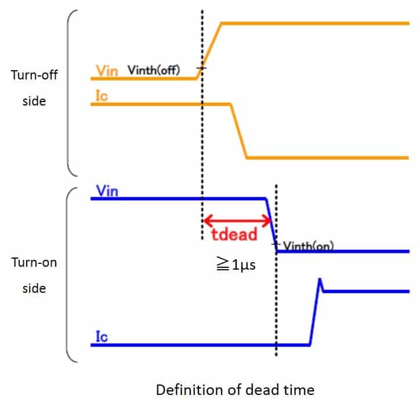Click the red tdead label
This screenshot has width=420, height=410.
tap(234, 234)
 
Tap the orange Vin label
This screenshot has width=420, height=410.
tap(107, 71)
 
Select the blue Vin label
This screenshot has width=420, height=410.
tap(107, 191)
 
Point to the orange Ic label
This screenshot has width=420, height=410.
tap(102, 96)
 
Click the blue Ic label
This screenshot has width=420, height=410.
tap(102, 336)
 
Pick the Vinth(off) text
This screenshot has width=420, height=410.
tap(154, 70)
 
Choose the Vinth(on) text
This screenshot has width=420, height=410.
tap(308, 246)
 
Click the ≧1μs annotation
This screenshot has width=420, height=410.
tap(236, 264)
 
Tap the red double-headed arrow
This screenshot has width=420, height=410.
tap(237, 221)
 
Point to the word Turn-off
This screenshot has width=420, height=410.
tap(34, 75)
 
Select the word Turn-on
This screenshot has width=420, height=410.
tap(34, 263)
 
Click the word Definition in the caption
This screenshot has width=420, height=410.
tap(190, 390)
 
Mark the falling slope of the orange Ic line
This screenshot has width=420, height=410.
tap(238, 130)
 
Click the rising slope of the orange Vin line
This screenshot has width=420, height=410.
tap(209, 51)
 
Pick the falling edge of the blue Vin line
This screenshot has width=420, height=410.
tap(271, 225)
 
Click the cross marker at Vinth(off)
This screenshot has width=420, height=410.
tap(201, 68)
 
